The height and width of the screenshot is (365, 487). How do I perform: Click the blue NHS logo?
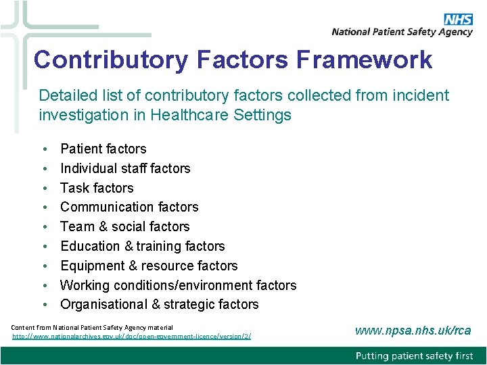point(457,19)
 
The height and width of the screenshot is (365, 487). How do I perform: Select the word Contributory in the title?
point(112,59)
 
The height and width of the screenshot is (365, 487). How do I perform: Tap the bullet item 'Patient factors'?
point(103,149)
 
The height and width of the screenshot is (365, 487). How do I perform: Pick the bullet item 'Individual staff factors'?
point(125,168)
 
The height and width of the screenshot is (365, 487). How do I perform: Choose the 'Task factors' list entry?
point(97,188)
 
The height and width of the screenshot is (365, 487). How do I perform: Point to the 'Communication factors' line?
point(129,207)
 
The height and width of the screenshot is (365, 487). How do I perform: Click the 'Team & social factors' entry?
point(124,226)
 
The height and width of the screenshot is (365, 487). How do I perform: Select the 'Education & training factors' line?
point(142,246)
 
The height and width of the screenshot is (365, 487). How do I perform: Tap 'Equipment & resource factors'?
point(149,266)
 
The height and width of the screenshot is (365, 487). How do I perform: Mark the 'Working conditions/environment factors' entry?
point(178,285)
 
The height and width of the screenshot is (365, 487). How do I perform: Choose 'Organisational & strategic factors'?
point(159,304)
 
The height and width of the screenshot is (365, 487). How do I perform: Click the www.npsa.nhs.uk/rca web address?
point(413,331)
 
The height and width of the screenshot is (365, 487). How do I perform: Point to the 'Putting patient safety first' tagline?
point(415,356)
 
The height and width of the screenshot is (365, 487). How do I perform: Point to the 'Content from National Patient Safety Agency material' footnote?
point(92,327)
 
